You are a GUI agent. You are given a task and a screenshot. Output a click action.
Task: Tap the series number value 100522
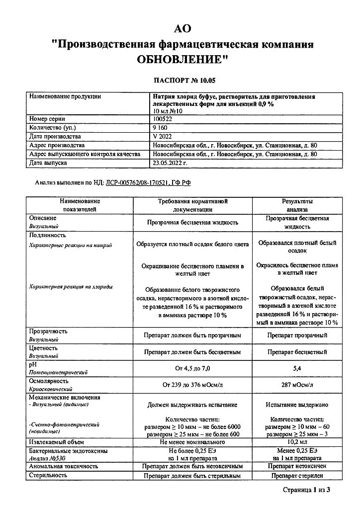pos(162,119)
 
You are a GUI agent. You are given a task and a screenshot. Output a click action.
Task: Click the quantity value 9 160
pos(160,128)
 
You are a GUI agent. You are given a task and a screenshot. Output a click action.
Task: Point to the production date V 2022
pos(162,136)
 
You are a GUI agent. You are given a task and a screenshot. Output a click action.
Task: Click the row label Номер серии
pos(47,119)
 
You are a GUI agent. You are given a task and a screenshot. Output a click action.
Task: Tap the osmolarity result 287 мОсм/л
pos(297,385)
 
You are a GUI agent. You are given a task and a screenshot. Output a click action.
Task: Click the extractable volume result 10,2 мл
pos(297,441)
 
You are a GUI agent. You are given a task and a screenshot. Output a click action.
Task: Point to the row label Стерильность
pos(48,475)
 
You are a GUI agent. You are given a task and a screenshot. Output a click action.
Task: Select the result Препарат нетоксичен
pos(297,466)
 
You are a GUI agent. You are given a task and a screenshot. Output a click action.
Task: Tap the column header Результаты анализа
pos(297,205)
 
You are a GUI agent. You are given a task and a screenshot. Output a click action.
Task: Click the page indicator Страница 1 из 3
pos(306,491)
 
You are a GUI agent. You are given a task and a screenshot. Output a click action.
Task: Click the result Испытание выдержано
pos(297,405)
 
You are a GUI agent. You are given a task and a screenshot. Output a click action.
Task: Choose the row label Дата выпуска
pos(48,162)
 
